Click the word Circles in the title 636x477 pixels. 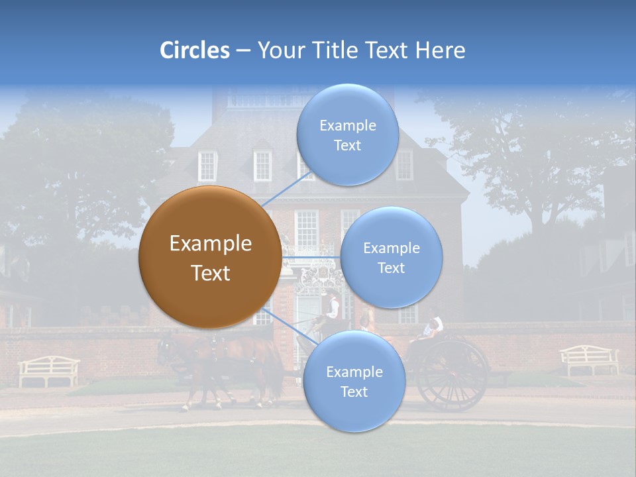pos(194,50)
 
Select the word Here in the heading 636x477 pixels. pos(440,50)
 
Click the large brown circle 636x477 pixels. pos(210,257)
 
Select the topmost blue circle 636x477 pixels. pos(347,134)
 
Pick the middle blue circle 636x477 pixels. pos(391,257)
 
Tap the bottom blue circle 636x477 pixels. pos(354,382)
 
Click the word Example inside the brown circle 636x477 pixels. pos(210,243)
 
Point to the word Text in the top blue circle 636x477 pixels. pos(347,146)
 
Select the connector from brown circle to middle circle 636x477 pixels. pos(311,257)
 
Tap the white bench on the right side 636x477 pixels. pos(589,359)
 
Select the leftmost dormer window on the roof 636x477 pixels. pos(207,166)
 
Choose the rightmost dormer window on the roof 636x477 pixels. pos(403,166)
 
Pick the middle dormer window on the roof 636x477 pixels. pos(262,166)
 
